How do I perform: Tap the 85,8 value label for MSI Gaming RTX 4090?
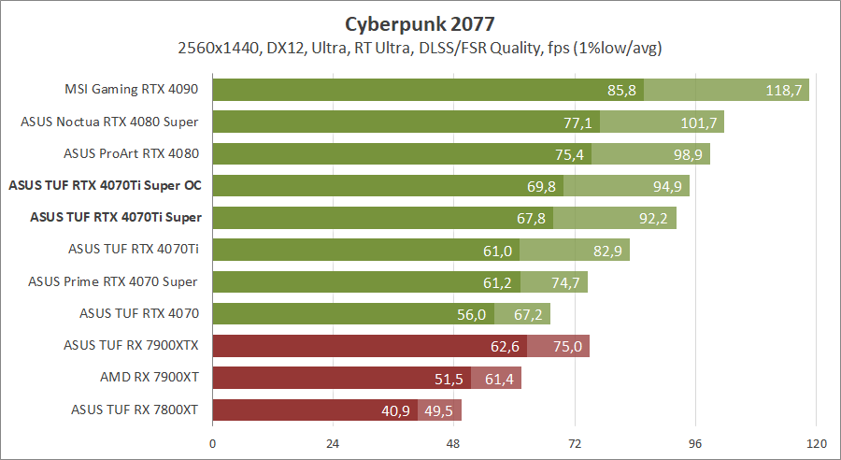click(621, 90)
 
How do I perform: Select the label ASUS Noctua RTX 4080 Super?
click(110, 122)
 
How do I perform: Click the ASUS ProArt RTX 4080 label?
click(131, 153)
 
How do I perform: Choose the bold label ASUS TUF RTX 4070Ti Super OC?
click(105, 185)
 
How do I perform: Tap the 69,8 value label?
click(541, 186)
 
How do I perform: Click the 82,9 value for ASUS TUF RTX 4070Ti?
click(607, 251)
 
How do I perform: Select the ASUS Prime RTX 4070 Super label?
click(112, 281)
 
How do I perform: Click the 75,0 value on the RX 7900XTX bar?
click(567, 347)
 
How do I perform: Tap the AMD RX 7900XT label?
click(150, 377)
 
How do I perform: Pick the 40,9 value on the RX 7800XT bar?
click(394, 410)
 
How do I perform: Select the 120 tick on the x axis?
click(817, 443)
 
